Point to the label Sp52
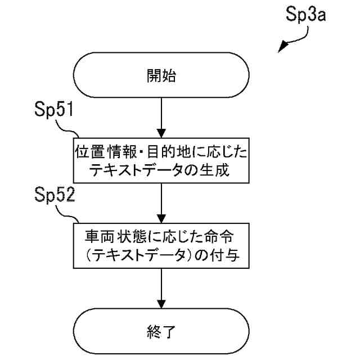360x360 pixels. (55, 196)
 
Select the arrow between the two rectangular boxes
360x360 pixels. (161, 201)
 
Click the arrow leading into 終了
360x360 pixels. (161, 287)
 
